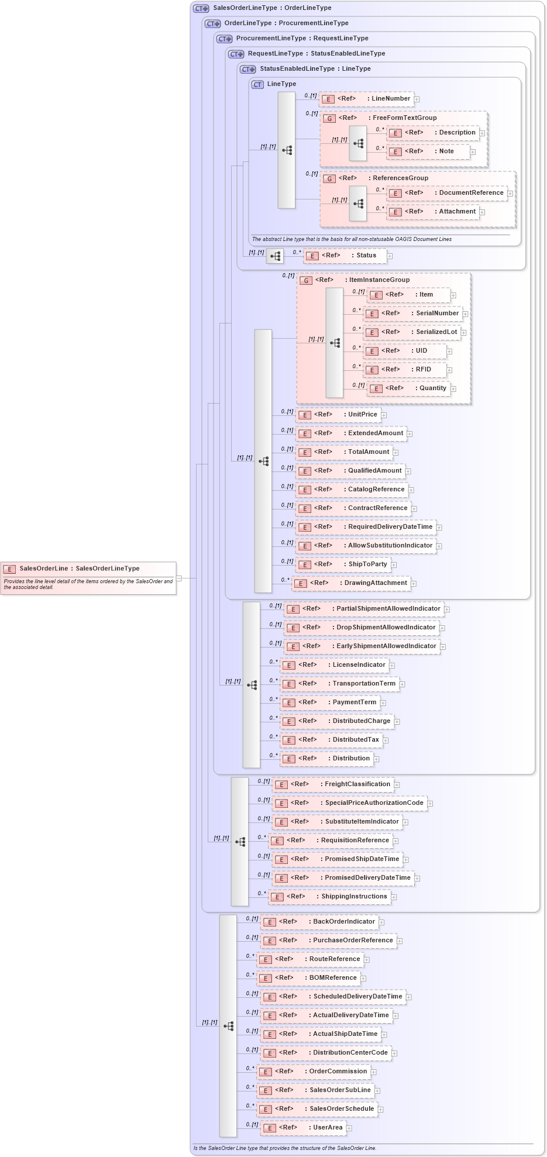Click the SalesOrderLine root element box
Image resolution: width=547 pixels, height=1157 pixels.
point(88,569)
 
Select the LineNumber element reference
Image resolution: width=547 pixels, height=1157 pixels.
point(367,99)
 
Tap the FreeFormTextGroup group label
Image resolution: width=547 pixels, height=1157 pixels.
point(404,118)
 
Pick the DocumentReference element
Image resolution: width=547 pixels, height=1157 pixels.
point(447,193)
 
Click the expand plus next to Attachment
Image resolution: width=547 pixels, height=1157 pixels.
point(482,212)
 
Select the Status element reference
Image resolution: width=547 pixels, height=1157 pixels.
point(345,256)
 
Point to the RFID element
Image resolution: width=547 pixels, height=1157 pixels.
point(405,370)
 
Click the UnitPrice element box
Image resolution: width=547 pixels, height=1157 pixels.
point(339,415)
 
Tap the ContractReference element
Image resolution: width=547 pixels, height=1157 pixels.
point(353,508)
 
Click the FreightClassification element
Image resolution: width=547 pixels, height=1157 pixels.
point(333,784)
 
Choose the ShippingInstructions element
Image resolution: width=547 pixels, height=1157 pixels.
point(330,897)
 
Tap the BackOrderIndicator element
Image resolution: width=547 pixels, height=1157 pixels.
point(319,922)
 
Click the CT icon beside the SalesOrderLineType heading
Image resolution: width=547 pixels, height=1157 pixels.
point(201,8)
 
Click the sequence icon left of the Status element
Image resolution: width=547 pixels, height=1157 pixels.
point(275,256)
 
